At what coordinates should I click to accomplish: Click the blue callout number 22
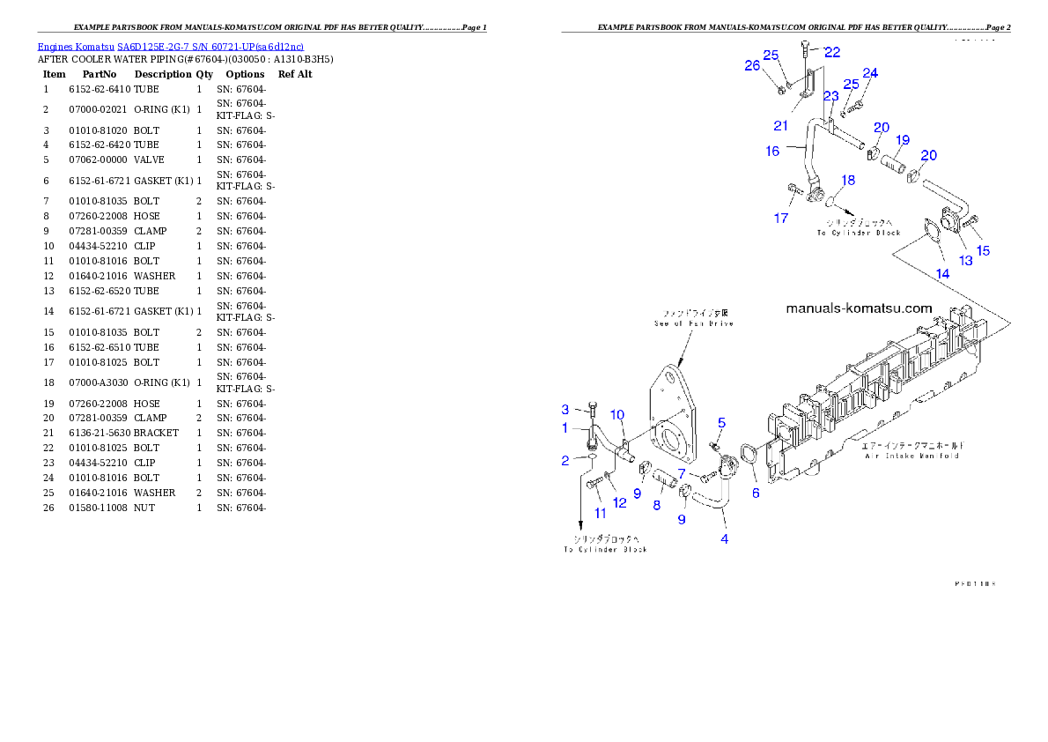point(832,52)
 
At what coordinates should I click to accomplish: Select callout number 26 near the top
point(752,65)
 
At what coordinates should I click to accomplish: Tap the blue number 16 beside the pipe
point(772,152)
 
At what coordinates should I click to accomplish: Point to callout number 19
point(903,140)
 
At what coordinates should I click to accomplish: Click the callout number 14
point(942,273)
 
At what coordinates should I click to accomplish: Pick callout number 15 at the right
point(984,250)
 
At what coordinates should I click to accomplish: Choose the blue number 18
point(847,180)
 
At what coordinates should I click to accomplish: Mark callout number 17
point(781,218)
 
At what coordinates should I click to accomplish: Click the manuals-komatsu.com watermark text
point(858,308)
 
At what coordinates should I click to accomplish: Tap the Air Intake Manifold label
point(911,451)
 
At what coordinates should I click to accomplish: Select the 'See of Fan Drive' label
point(693,318)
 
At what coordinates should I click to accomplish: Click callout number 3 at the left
point(565,409)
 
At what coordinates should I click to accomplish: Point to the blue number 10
point(617,414)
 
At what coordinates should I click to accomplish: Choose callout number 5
point(721,423)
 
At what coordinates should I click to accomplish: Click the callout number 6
point(756,493)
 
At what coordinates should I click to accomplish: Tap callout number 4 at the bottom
point(725,538)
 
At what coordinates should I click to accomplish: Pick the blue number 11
point(600,513)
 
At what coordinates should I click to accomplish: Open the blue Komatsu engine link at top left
point(170,47)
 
